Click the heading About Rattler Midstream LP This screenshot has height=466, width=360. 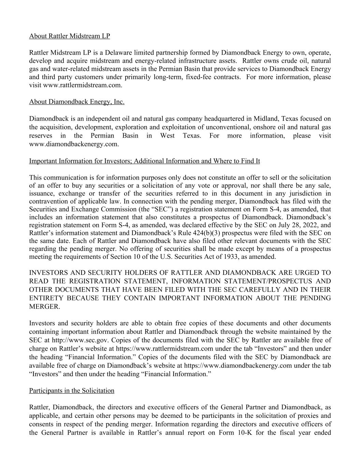(70, 36)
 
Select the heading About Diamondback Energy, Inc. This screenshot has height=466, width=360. (77, 102)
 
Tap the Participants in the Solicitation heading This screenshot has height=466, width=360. (72, 391)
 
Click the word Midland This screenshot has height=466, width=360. (266, 119)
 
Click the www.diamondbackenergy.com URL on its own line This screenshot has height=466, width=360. (74, 144)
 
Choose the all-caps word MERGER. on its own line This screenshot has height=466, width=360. (45, 307)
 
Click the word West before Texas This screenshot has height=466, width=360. (168, 136)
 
